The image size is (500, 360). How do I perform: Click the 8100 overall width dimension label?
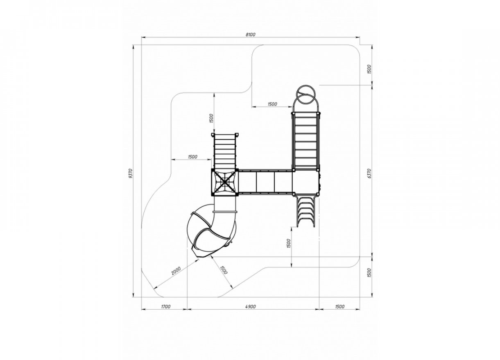tap(251, 35)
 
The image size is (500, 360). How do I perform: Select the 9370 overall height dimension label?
tap(131, 173)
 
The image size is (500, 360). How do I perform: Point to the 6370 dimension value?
tap(369, 173)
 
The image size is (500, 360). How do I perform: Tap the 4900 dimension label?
tap(251, 307)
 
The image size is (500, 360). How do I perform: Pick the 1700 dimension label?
tap(165, 307)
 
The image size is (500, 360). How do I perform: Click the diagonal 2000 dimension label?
tap(176, 271)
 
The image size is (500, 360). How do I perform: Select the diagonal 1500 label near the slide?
tap(224, 270)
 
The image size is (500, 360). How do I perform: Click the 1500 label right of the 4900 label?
tap(340, 307)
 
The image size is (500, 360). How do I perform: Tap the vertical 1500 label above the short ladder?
tap(211, 118)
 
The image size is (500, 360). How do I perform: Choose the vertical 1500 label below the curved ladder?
tap(289, 243)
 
